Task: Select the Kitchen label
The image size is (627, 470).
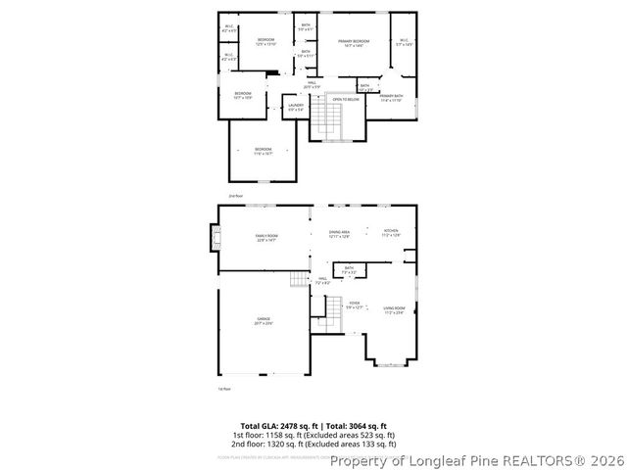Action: click(x=390, y=233)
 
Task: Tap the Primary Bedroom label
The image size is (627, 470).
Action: click(x=353, y=42)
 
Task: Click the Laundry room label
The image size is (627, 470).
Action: click(x=296, y=104)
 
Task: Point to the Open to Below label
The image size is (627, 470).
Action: click(x=343, y=100)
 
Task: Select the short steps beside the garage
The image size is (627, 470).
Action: click(x=299, y=281)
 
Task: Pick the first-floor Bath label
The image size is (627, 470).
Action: click(x=348, y=268)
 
